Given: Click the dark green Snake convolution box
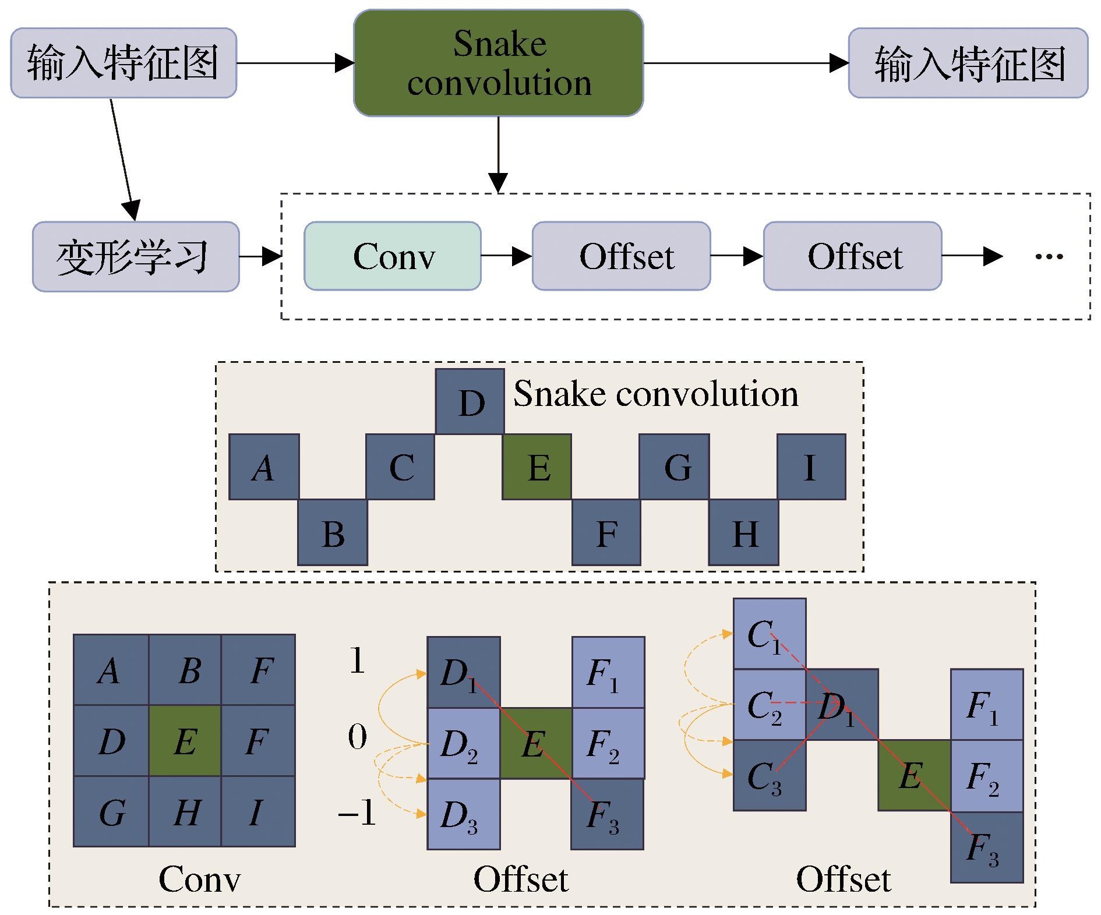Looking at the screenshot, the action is point(499,63).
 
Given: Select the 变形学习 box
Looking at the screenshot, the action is point(136,256).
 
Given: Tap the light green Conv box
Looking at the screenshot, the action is point(393,256).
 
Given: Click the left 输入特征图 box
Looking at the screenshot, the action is point(123,63).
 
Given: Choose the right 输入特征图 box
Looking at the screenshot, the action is point(968,63).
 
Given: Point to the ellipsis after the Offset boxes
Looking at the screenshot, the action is point(1049,256).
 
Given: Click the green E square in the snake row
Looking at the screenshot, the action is point(537,467).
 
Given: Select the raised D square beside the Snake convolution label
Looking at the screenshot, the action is point(470,401).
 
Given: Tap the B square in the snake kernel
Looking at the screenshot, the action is point(333,532).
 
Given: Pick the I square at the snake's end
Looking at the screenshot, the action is point(811,467).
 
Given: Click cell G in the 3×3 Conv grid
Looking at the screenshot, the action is point(111,811).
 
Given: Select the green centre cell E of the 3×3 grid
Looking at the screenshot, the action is point(185,741).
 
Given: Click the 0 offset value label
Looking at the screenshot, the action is point(358,738).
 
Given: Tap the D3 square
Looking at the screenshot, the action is point(464,814).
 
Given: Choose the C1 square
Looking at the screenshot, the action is point(770,634).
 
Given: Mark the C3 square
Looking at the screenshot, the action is point(770,775).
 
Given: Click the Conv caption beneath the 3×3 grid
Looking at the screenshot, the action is point(199,879).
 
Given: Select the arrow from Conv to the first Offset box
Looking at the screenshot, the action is point(506,256).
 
